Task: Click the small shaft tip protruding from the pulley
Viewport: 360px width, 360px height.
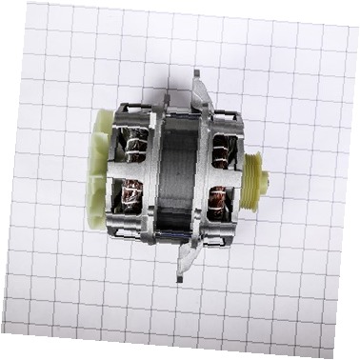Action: pyautogui.click(x=266, y=179)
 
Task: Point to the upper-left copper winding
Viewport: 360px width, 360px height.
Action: pyautogui.click(x=135, y=149)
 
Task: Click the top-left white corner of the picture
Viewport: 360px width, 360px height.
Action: pyautogui.click(x=6, y=6)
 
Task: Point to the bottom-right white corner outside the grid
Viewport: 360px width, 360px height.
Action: pyautogui.click(x=353, y=353)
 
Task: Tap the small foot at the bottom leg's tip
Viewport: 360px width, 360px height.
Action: pyautogui.click(x=179, y=277)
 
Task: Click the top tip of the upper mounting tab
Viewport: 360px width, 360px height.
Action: pyautogui.click(x=195, y=73)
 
